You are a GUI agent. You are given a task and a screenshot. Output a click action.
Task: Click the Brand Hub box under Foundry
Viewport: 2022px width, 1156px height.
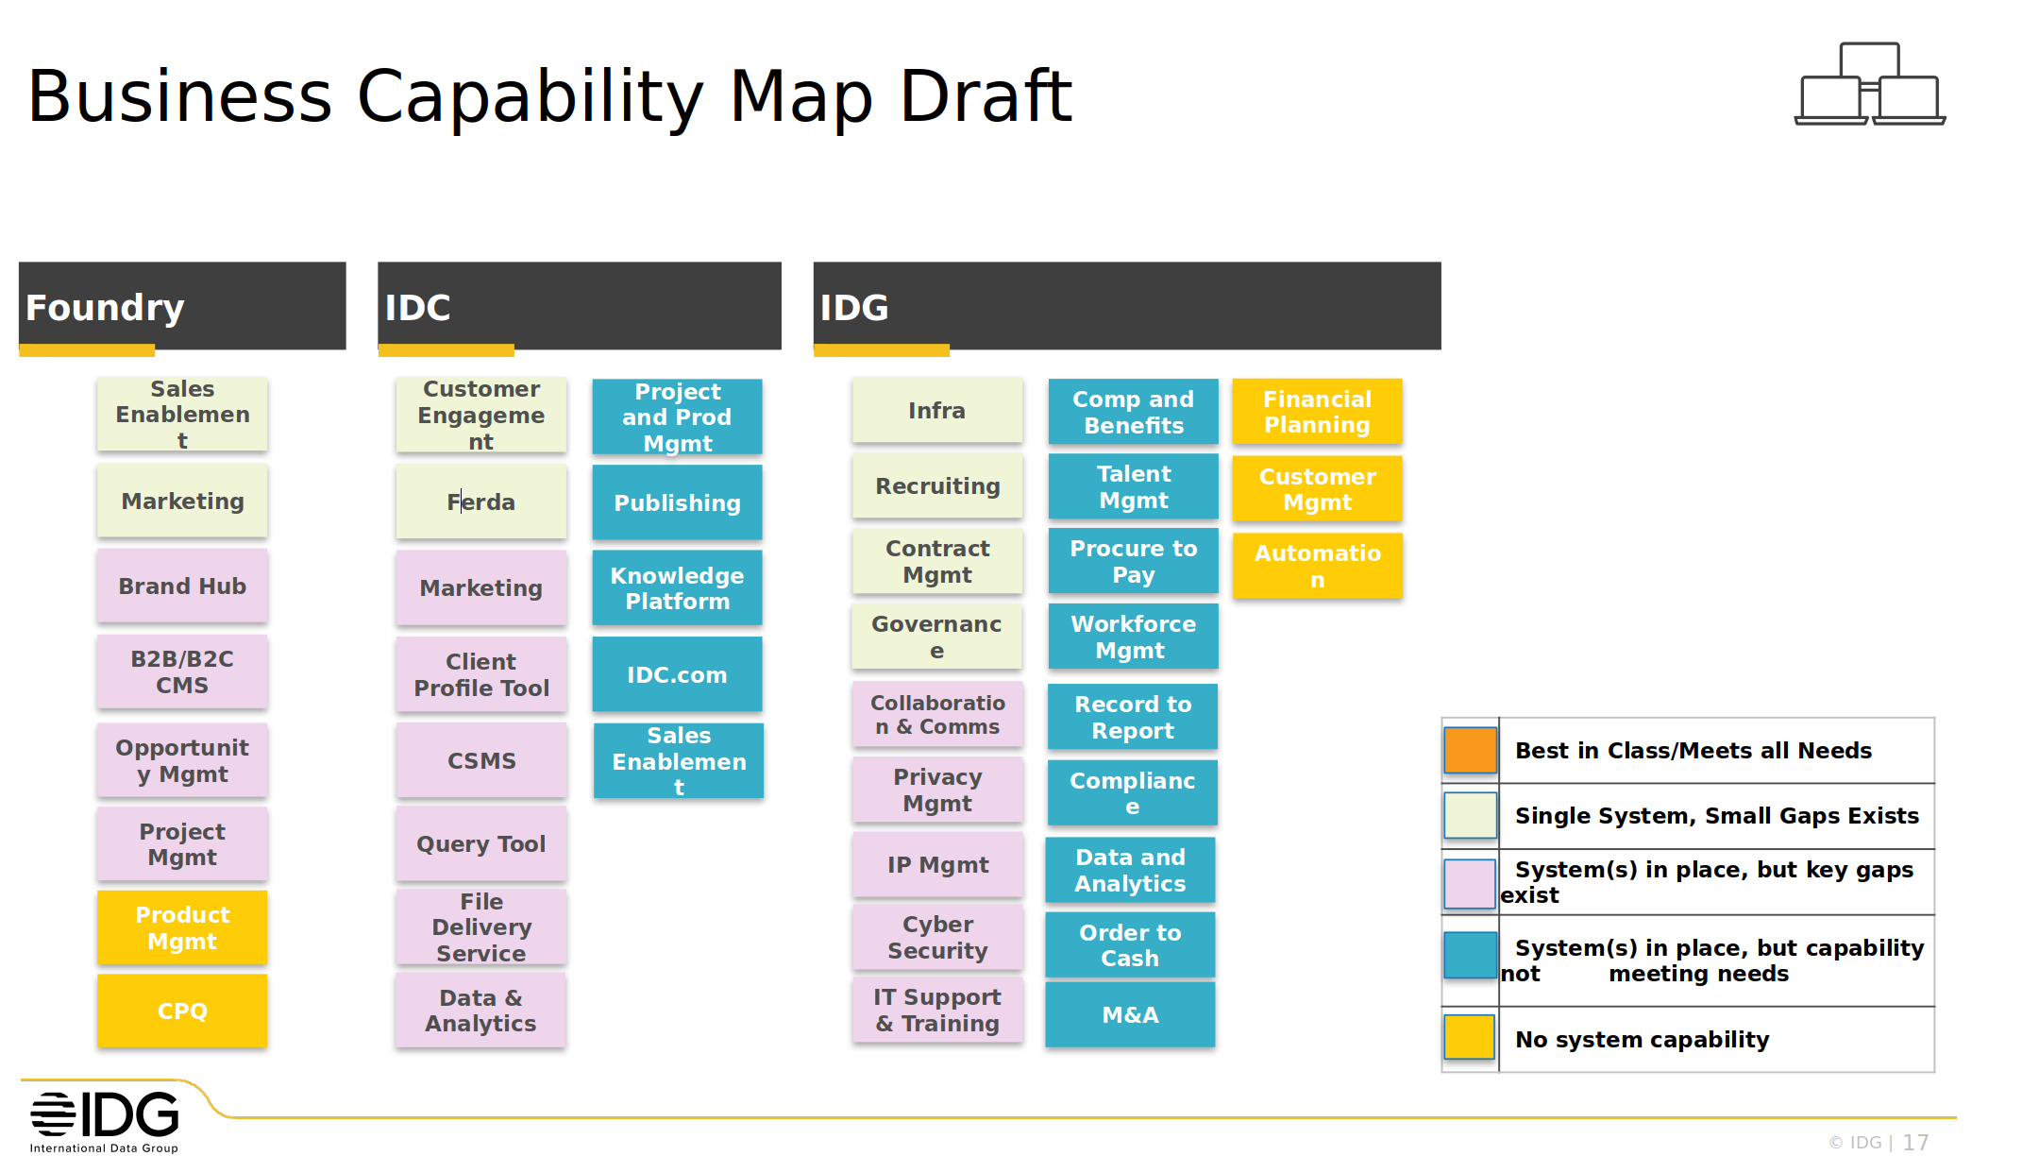pos(182,586)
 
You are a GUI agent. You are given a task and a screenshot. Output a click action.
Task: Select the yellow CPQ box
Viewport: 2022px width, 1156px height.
pos(182,1011)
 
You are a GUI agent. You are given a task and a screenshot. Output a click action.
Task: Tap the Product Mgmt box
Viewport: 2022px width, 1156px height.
pos(182,928)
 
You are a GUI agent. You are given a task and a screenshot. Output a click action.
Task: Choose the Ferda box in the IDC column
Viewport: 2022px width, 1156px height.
pos(481,502)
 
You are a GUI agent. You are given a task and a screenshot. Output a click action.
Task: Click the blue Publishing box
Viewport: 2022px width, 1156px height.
pos(677,503)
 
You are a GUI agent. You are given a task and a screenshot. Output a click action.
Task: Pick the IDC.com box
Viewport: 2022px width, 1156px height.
pos(677,674)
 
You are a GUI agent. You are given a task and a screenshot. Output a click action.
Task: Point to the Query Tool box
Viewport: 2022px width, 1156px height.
pos(481,844)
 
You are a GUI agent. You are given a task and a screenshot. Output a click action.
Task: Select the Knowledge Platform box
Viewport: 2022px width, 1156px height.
pos(677,588)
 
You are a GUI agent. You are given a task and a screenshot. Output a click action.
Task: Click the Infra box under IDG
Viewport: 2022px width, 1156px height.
pos(937,411)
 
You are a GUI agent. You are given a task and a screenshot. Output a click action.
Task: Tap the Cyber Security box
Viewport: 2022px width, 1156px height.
pos(937,938)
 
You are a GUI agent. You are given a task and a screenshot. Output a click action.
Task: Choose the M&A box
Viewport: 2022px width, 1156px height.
pos(1130,1015)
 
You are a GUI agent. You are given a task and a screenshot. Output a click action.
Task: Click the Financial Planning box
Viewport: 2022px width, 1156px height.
pos(1317,412)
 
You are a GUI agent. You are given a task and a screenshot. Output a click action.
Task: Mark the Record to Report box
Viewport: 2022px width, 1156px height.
pos(1133,718)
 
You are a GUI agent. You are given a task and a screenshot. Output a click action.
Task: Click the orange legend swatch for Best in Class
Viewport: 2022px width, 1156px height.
pos(1470,751)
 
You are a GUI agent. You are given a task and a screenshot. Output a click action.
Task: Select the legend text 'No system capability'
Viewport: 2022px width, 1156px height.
pos(1643,1040)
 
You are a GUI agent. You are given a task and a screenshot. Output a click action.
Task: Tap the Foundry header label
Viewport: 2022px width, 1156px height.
pos(105,308)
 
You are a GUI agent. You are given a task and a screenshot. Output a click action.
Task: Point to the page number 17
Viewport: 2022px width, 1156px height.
pos(1915,1143)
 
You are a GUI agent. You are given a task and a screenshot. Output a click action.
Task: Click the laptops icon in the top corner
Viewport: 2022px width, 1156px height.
pos(1870,84)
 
